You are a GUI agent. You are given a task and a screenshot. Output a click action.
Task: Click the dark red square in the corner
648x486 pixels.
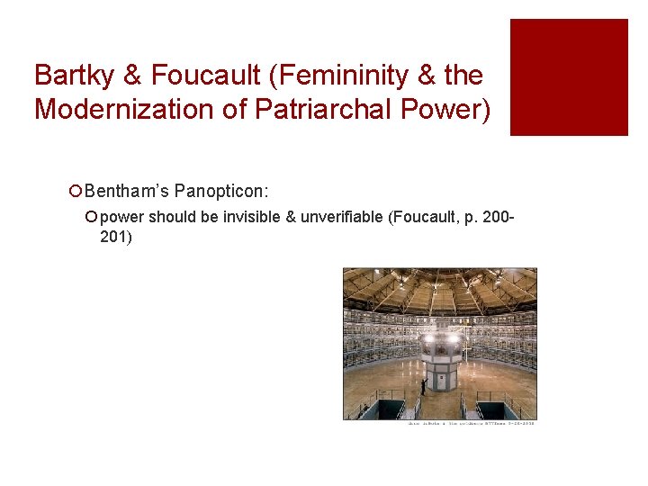(569, 77)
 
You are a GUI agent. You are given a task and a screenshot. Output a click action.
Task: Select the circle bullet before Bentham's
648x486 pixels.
(76, 192)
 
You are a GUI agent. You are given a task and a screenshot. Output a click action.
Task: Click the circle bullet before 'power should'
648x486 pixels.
(92, 218)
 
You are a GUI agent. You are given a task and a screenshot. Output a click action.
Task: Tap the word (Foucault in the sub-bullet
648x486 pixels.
(420, 217)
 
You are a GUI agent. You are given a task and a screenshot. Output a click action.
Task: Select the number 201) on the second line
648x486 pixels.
(116, 237)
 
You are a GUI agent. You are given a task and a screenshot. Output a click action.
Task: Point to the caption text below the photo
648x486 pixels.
(471, 423)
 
